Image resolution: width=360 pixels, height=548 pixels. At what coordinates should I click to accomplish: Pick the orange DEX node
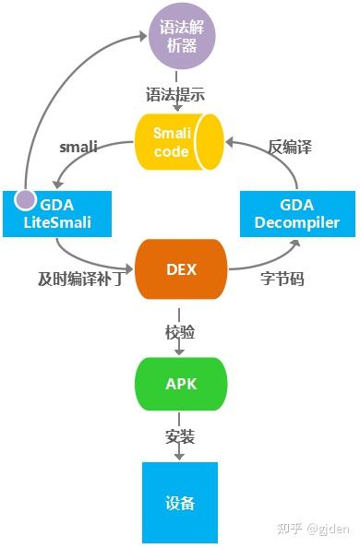click(x=181, y=268)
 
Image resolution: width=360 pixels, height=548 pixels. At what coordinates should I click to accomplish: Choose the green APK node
click(x=181, y=384)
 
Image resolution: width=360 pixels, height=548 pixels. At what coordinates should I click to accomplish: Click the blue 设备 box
click(x=180, y=502)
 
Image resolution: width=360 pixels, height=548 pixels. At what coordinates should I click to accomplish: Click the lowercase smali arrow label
click(x=78, y=146)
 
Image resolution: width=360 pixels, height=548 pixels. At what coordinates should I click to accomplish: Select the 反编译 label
click(x=287, y=146)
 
